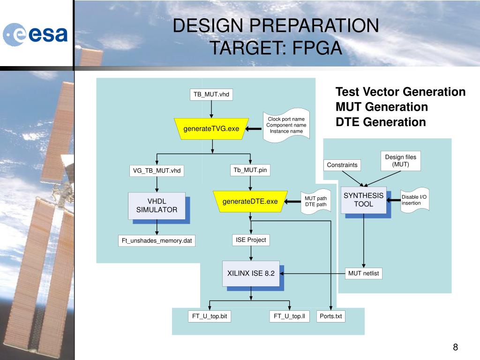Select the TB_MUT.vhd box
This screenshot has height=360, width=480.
click(211, 94)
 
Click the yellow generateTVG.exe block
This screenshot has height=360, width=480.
click(211, 128)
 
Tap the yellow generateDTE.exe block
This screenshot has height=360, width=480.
click(250, 202)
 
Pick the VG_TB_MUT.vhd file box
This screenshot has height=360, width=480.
click(157, 171)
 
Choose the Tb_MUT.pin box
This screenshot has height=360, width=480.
click(250, 170)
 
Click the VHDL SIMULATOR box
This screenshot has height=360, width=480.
click(157, 205)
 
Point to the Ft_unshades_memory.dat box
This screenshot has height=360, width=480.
click(157, 241)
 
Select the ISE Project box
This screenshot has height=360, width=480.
click(251, 240)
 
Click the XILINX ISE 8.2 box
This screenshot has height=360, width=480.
click(251, 273)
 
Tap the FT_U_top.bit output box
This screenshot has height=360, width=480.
click(210, 316)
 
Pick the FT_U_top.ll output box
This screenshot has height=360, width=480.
click(289, 316)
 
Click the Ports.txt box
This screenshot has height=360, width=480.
click(330, 316)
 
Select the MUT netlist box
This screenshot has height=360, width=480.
click(363, 273)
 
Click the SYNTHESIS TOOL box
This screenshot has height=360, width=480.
click(363, 200)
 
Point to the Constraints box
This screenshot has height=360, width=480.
click(342, 165)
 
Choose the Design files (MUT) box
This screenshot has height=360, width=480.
click(400, 161)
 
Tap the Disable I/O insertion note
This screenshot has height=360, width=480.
click(414, 200)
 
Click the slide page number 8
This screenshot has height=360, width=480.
click(455, 347)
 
